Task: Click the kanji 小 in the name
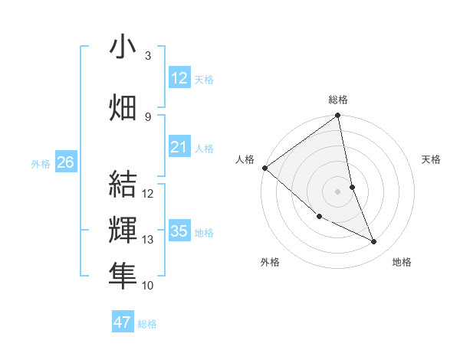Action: [x=123, y=47]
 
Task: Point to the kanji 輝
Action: [x=123, y=231]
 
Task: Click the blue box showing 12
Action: [x=179, y=78]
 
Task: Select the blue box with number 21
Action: [x=179, y=147]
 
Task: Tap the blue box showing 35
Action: [x=179, y=231]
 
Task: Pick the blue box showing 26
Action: [x=66, y=162]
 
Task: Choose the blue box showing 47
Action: [x=123, y=322]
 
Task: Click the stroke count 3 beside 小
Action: [x=148, y=56]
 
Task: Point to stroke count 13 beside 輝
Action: [x=148, y=240]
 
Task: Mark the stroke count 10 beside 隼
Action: [x=148, y=286]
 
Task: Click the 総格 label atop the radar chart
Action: [x=338, y=100]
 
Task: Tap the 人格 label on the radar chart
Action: [x=245, y=159]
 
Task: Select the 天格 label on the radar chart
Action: [x=431, y=159]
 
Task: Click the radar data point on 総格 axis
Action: [x=338, y=116]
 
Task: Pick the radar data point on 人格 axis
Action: [x=264, y=168]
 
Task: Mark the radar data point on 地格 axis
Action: [x=374, y=242]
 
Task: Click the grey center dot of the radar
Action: [x=338, y=191]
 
